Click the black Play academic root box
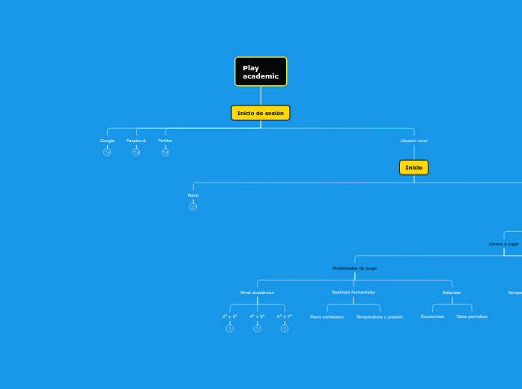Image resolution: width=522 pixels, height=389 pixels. [x=261, y=72]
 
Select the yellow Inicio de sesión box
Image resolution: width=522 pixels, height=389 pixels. [x=261, y=113]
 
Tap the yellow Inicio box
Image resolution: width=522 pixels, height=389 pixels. [x=413, y=168]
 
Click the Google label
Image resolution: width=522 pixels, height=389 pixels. [x=107, y=141]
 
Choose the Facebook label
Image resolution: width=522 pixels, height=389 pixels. [x=136, y=141]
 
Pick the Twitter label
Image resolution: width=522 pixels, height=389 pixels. [x=165, y=141]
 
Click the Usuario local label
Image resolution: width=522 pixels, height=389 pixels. [x=413, y=141]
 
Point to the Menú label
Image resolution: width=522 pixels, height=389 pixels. [x=193, y=195]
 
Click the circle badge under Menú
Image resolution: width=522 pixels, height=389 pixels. [x=193, y=207]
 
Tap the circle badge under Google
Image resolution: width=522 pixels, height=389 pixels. [x=107, y=153]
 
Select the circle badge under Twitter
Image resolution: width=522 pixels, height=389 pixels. [x=166, y=153]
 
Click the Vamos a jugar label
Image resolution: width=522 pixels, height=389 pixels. [x=503, y=244]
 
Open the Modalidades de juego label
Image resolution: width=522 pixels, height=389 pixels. [x=354, y=268]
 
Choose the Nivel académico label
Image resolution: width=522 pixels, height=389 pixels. [x=257, y=292]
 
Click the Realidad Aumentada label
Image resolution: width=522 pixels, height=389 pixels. [x=353, y=292]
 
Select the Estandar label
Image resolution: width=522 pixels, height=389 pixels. [x=452, y=292]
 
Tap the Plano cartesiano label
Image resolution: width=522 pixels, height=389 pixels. [x=327, y=316]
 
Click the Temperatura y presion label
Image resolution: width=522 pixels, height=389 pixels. [x=380, y=316]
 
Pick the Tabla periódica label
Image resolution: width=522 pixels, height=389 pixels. [x=472, y=316]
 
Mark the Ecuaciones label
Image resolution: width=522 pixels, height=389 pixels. [x=432, y=316]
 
